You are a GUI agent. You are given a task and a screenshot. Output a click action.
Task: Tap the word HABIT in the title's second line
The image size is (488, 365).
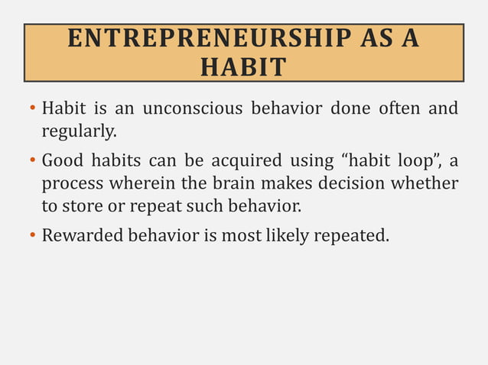coord(243,67)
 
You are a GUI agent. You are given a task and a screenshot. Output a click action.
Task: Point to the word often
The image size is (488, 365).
coord(399,108)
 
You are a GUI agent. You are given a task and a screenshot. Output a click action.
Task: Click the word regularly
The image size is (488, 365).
coord(79,132)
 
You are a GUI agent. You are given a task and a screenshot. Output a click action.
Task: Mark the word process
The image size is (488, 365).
coord(72,184)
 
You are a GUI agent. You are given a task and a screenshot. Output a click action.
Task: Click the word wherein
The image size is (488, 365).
coord(142,184)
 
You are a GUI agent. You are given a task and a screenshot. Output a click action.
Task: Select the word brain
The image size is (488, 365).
coord(233,184)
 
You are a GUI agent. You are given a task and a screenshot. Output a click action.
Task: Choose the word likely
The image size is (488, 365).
coord(296,235)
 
